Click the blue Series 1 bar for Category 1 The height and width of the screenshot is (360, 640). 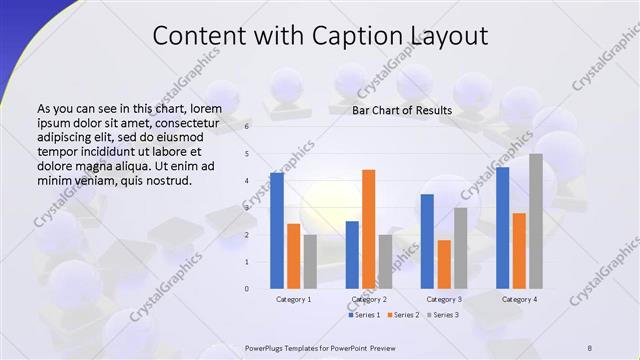276,230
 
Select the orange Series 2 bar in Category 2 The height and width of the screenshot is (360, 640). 369,229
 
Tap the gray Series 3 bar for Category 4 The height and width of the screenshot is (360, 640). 536,221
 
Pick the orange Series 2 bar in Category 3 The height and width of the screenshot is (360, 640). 444,264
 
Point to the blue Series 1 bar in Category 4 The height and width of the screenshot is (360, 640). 502,228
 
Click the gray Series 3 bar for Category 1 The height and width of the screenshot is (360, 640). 310,261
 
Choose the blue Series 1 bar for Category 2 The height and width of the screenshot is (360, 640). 352,255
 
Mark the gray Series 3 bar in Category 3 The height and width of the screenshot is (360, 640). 461,248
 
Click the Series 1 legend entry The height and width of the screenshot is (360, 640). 363,315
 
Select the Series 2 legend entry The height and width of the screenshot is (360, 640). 403,315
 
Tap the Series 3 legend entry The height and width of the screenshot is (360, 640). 443,315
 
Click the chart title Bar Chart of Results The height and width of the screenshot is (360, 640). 402,110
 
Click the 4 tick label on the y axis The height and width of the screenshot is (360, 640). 248,181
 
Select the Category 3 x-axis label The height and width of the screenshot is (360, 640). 444,299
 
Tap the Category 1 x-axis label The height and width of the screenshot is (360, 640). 293,299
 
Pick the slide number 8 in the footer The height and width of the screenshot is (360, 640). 590,347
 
